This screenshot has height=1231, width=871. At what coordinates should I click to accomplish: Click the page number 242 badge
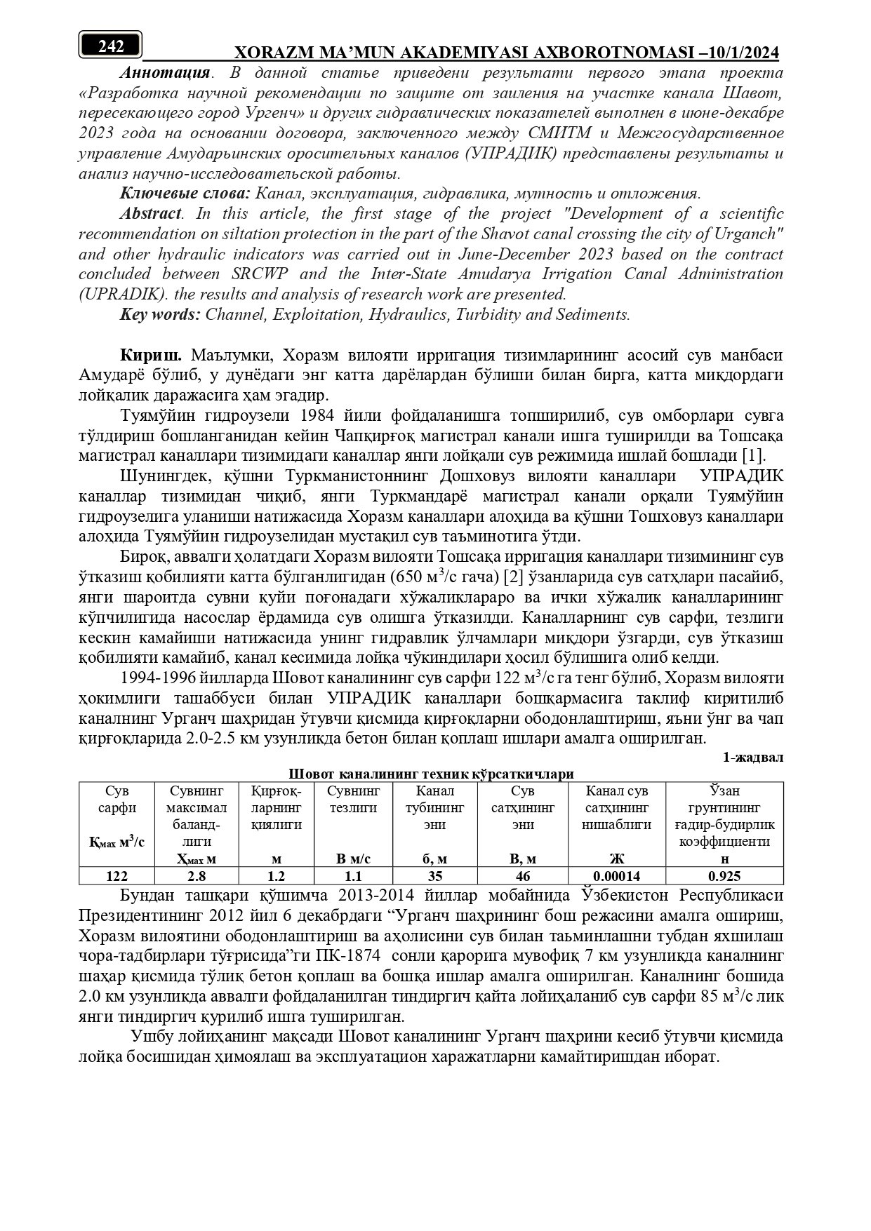point(111,46)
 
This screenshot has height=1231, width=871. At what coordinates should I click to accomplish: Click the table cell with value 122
point(117,876)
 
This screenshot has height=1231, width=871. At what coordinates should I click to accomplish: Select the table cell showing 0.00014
point(617,876)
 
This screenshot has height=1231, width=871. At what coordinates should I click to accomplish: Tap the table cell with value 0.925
point(724,876)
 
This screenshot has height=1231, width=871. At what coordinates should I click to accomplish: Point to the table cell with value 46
point(522,876)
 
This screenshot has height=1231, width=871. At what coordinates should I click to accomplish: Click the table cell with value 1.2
point(277,876)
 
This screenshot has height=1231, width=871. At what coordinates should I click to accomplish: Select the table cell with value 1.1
point(354,876)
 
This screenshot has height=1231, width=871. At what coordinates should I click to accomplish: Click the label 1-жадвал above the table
point(753,758)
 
